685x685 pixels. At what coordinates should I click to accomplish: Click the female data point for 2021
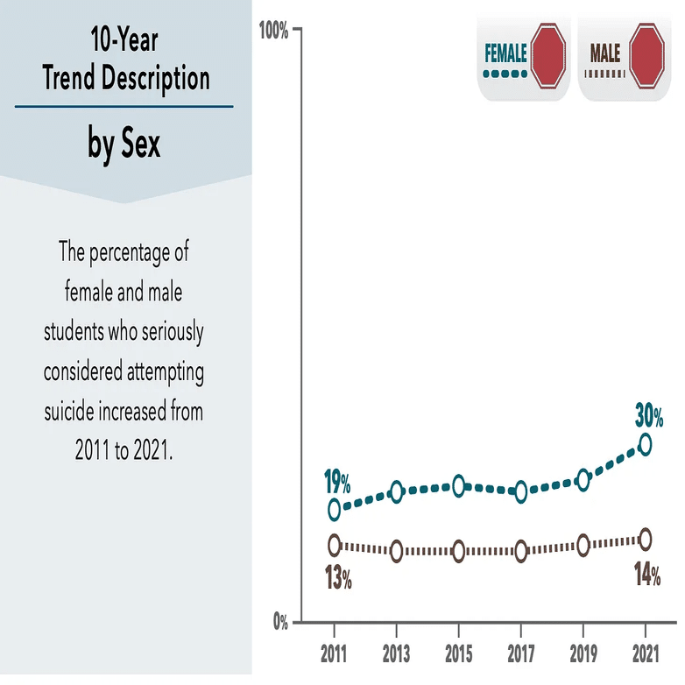click(x=645, y=444)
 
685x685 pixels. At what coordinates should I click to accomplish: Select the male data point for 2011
click(x=334, y=545)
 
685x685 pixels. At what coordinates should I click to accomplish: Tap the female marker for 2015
click(x=458, y=486)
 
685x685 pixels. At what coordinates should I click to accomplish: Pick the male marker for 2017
click(x=521, y=551)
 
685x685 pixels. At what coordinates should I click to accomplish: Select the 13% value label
click(x=338, y=578)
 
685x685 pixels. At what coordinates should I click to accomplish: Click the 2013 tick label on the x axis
click(x=397, y=655)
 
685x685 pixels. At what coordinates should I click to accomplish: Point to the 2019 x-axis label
click(x=583, y=655)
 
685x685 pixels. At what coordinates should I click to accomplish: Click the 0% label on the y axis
click(x=279, y=624)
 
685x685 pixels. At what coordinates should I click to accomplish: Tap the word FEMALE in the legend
click(x=505, y=53)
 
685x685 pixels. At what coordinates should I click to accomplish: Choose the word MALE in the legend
click(x=604, y=53)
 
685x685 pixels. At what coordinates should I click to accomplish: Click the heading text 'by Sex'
click(x=124, y=143)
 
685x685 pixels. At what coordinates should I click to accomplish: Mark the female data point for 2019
click(x=583, y=479)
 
